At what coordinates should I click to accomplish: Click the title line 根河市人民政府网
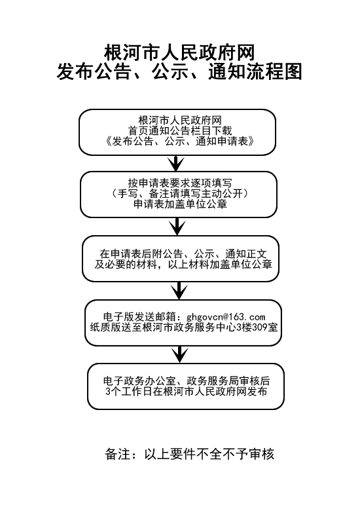tap(179, 53)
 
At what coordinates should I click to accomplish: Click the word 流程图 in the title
tap(274, 72)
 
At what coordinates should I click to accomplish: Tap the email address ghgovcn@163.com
tap(226, 317)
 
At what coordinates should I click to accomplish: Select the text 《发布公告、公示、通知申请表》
tap(179, 141)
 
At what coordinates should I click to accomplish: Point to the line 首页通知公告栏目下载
tap(180, 130)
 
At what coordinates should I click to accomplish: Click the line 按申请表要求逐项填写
tap(179, 183)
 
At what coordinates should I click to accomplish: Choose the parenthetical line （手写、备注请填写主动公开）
tap(179, 193)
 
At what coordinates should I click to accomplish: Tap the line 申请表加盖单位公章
tap(180, 204)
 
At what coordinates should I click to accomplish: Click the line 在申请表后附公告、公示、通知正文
tap(183, 253)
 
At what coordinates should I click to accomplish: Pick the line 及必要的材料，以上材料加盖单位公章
tap(183, 265)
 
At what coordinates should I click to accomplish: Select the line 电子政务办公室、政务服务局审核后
tap(187, 381)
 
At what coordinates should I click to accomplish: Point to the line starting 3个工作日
tap(186, 391)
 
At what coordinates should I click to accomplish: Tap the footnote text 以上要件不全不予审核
tap(209, 454)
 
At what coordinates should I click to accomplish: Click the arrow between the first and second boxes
tap(176, 163)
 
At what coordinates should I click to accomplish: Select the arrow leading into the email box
tap(179, 290)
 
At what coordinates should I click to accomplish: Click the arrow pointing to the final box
tap(179, 354)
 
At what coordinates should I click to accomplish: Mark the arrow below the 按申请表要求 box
tap(177, 227)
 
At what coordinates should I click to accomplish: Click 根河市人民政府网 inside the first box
tap(180, 121)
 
